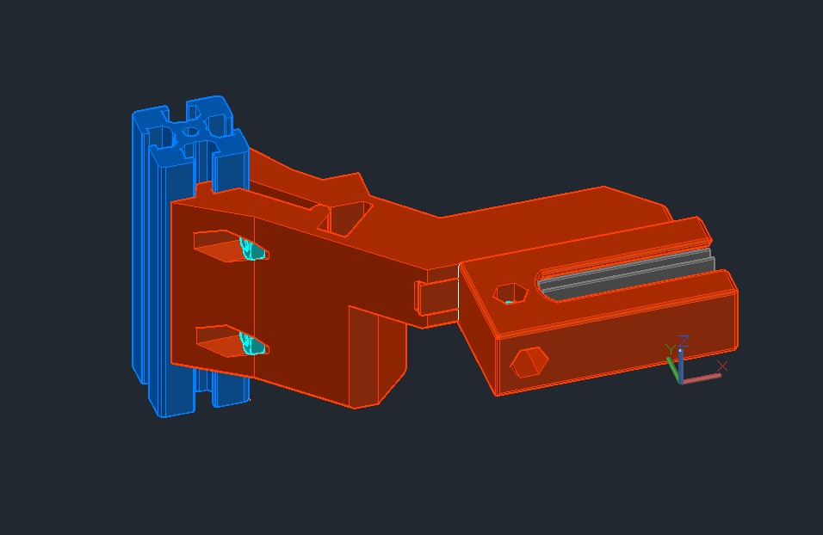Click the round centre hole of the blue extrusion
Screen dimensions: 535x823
coord(192,132)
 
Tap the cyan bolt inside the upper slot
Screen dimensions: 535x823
coord(252,249)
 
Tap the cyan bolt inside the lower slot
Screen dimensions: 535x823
coord(253,345)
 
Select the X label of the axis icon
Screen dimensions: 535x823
coord(721,366)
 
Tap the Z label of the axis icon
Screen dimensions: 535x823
coord(684,341)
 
